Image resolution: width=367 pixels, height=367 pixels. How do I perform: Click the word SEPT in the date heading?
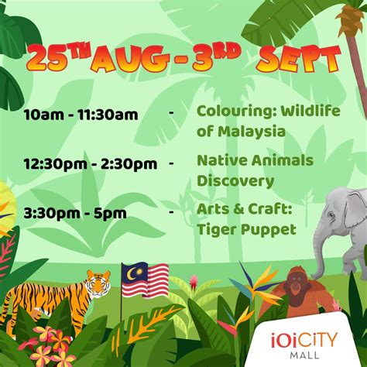[x=299, y=60]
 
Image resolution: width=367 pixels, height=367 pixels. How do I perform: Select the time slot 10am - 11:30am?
[x=81, y=115]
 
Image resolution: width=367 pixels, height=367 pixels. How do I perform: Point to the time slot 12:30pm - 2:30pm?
[x=91, y=164]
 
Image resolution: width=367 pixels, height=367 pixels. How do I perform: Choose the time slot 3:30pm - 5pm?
[x=75, y=213]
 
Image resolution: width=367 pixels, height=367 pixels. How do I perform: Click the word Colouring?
[x=234, y=111]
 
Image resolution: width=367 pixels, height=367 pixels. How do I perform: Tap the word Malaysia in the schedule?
[x=252, y=132]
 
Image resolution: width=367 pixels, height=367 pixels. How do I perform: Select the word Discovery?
[x=235, y=181]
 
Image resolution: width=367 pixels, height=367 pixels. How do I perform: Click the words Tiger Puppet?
[x=246, y=229]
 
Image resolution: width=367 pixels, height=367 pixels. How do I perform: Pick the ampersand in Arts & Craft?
[x=238, y=209]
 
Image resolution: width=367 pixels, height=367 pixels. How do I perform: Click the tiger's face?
[x=98, y=283]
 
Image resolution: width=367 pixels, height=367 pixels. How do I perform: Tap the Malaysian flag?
[x=145, y=280]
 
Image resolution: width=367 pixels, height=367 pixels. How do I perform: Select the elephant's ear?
[x=357, y=209]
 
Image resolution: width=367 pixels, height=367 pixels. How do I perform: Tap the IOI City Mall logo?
[x=304, y=345]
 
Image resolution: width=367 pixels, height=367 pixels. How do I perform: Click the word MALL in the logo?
[x=304, y=355]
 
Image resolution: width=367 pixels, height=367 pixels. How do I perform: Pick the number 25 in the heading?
[x=46, y=60]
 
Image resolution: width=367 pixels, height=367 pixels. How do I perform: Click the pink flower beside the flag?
[x=194, y=281]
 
